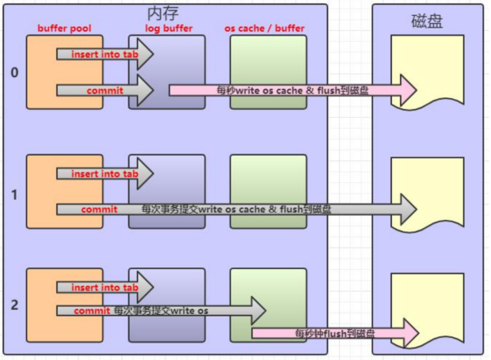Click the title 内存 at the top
click(x=163, y=13)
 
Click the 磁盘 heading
click(x=427, y=21)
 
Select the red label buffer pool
click(x=64, y=28)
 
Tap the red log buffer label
click(x=169, y=28)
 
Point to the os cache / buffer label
click(x=265, y=28)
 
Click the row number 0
click(x=14, y=73)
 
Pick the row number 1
click(x=14, y=195)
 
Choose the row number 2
click(x=14, y=305)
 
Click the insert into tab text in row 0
click(x=105, y=55)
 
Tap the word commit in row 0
click(x=105, y=91)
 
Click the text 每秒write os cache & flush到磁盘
click(x=292, y=90)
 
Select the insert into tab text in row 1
click(x=105, y=174)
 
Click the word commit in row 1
click(x=99, y=210)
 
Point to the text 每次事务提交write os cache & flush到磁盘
click(x=236, y=209)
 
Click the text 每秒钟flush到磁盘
click(x=335, y=333)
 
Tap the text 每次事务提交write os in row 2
click(x=161, y=311)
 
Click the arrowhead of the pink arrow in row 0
click(x=409, y=90)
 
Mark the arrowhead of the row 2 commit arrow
click(x=258, y=311)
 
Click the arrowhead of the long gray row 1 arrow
click(x=409, y=209)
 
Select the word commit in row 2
click(x=92, y=311)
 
